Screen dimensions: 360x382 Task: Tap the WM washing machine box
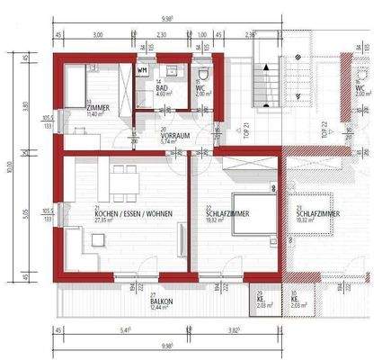pos(142,68)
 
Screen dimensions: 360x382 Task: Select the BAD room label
pos(162,86)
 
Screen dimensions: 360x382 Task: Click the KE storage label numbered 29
pos(261,300)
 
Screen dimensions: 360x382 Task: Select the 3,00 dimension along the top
pos(97,35)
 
